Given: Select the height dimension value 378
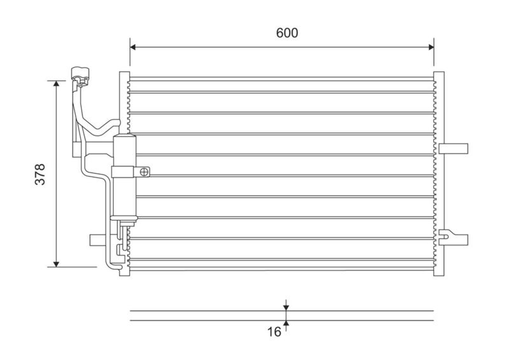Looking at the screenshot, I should click(39, 175).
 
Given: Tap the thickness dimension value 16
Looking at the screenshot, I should click(274, 331).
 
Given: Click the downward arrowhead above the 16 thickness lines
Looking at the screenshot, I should click(286, 307).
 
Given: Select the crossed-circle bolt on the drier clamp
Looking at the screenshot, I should click(145, 171).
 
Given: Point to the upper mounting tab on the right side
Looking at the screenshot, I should click(454, 148).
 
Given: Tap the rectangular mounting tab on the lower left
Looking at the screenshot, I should click(97, 239).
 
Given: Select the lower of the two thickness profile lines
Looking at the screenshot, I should click(282, 320).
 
